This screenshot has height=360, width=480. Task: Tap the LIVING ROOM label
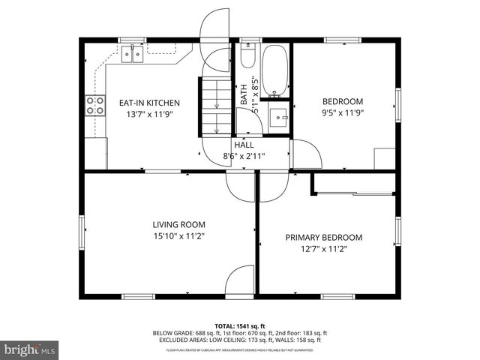click(178, 224)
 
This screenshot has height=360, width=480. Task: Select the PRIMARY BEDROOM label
click(323, 237)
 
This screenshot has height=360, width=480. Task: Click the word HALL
click(244, 145)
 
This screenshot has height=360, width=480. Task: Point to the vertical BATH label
click(244, 94)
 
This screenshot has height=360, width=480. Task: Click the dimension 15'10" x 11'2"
click(178, 236)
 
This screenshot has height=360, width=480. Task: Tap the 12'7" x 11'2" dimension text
click(323, 249)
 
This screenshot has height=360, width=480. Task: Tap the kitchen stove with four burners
click(95, 105)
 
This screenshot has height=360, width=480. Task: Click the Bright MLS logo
click(30, 349)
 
